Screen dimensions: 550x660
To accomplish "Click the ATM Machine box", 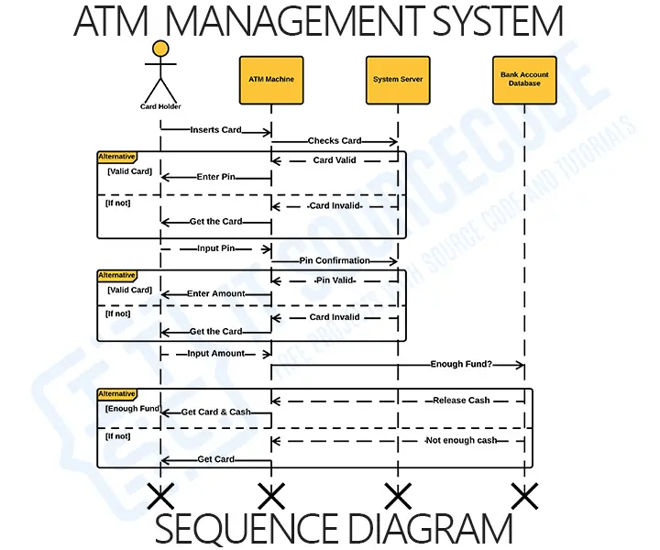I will click(x=271, y=80).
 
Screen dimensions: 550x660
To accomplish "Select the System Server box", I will click(x=398, y=80).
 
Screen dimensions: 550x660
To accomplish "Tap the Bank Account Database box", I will click(x=525, y=80).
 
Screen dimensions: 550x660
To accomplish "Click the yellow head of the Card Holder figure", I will click(x=160, y=49).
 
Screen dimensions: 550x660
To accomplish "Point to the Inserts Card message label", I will click(x=216, y=130).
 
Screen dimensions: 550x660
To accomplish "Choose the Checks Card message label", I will click(x=335, y=141).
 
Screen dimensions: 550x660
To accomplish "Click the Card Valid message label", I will click(x=335, y=159).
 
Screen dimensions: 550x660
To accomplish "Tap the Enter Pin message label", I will click(x=216, y=177).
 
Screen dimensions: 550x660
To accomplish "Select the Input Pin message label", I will click(x=216, y=248).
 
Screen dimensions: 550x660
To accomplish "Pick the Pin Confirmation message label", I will click(x=335, y=260).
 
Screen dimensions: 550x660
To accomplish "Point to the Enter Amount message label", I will click(x=216, y=294).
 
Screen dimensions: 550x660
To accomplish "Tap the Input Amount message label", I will click(x=216, y=354).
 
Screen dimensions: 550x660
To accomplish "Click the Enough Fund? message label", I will click(x=461, y=365).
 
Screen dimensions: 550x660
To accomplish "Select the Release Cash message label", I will click(x=461, y=401).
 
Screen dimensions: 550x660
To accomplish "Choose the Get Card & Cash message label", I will click(x=216, y=412).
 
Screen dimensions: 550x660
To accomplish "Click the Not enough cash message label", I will click(x=461, y=441).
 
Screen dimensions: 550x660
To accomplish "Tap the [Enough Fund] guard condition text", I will click(x=134, y=408).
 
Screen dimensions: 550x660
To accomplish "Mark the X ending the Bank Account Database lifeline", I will click(x=524, y=497).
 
